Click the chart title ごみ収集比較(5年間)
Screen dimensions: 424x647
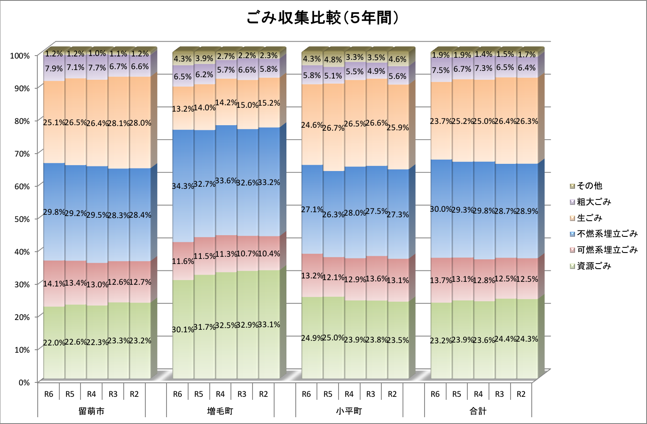(323, 18)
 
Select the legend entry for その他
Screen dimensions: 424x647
(589, 186)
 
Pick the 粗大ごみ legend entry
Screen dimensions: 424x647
(594, 202)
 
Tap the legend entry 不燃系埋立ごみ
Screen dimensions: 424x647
(607, 234)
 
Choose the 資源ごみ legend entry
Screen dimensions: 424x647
(594, 266)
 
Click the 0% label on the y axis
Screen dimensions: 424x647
(24, 382)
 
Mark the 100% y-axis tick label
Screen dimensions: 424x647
(20, 56)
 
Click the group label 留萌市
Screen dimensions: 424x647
(92, 411)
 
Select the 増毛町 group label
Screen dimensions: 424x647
(220, 411)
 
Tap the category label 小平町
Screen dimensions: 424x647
(349, 411)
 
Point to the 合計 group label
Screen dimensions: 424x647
(478, 411)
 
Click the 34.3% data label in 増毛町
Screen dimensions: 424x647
(183, 186)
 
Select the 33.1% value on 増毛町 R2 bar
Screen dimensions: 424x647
(269, 325)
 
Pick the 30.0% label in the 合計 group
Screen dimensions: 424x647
(441, 209)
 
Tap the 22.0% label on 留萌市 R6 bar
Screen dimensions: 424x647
(54, 343)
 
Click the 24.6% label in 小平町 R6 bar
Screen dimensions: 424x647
(312, 125)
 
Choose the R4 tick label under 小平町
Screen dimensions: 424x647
(349, 394)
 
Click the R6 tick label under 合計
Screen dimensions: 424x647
(435, 394)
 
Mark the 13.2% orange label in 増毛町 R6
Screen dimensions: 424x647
(183, 109)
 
